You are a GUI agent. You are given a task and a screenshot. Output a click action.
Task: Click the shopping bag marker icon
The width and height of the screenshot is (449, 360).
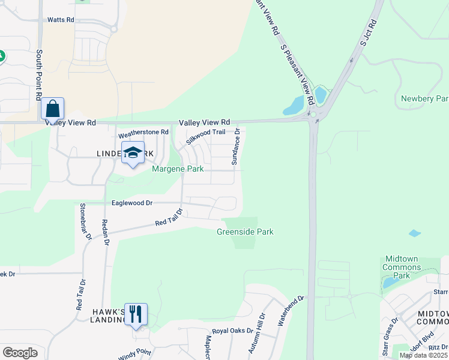click(53, 109)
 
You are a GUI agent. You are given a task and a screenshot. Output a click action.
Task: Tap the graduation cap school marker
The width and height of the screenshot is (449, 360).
click(133, 152)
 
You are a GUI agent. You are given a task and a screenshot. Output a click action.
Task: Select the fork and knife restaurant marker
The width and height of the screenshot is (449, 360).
click(136, 314)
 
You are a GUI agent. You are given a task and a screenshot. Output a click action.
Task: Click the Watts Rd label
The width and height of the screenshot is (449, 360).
click(61, 20)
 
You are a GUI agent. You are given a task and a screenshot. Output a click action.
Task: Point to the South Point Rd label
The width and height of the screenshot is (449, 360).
click(39, 75)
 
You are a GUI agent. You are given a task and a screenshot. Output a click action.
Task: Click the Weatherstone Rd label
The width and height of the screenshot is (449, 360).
click(143, 132)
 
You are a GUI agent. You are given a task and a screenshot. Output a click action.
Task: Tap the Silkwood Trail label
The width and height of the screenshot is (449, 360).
click(205, 137)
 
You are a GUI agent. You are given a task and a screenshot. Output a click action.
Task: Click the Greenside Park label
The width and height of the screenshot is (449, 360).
click(245, 232)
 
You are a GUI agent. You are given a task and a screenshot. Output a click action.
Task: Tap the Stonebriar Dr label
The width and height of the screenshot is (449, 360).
click(85, 221)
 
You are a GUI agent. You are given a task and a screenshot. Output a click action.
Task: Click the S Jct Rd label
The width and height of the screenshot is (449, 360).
click(368, 34)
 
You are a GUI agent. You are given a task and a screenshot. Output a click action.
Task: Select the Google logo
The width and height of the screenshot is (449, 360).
click(20, 353)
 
